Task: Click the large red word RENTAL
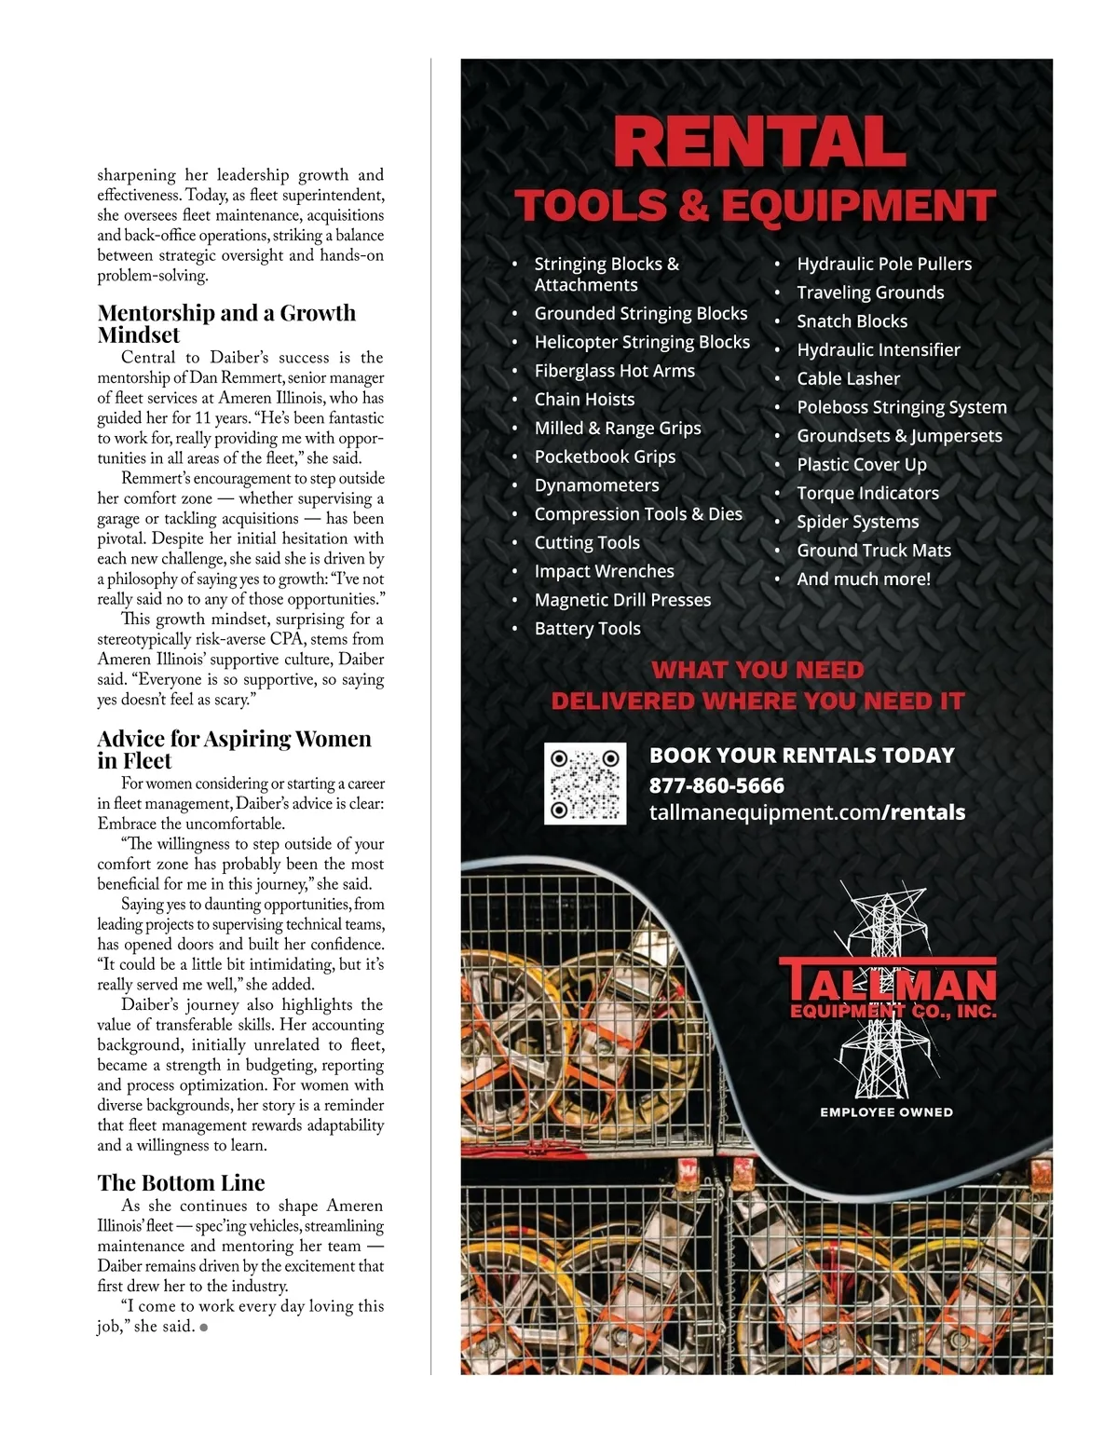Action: [x=759, y=143]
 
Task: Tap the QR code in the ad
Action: [x=584, y=784]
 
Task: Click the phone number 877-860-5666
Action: [x=716, y=785]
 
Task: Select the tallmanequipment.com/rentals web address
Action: [x=807, y=812]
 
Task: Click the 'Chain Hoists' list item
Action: [x=584, y=400]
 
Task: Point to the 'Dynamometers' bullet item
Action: [x=596, y=485]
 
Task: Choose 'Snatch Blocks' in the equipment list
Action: [x=852, y=321]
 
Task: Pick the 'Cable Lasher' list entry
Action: [x=848, y=379]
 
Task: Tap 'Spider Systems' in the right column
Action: [x=857, y=522]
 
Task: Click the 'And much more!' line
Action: [x=864, y=579]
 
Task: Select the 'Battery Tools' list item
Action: [x=587, y=629]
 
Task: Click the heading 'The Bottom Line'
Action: [x=181, y=1183]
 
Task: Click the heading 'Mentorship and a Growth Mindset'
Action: [x=226, y=323]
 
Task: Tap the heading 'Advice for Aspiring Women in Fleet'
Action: [x=234, y=749]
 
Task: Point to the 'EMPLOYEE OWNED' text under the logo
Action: [x=886, y=1112]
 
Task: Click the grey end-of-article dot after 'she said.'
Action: [x=204, y=1328]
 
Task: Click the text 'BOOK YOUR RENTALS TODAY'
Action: [x=801, y=756]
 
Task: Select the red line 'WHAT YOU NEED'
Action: [x=757, y=670]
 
